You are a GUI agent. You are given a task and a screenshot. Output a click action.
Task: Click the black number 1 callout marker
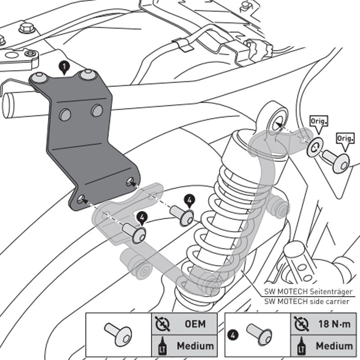point(65,68)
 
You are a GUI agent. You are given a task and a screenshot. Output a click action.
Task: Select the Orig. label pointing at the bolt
point(345,138)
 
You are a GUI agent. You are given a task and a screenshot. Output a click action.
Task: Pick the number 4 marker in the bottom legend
point(231,334)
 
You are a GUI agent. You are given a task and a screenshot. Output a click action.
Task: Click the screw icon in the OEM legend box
point(118,334)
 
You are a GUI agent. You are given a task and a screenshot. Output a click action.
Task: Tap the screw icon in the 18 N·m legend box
point(260,334)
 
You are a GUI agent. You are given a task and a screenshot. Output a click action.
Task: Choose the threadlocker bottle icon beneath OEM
point(160,346)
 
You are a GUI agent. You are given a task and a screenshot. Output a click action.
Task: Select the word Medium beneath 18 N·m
point(333,346)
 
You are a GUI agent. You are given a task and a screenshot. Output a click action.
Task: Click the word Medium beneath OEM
point(195,346)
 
